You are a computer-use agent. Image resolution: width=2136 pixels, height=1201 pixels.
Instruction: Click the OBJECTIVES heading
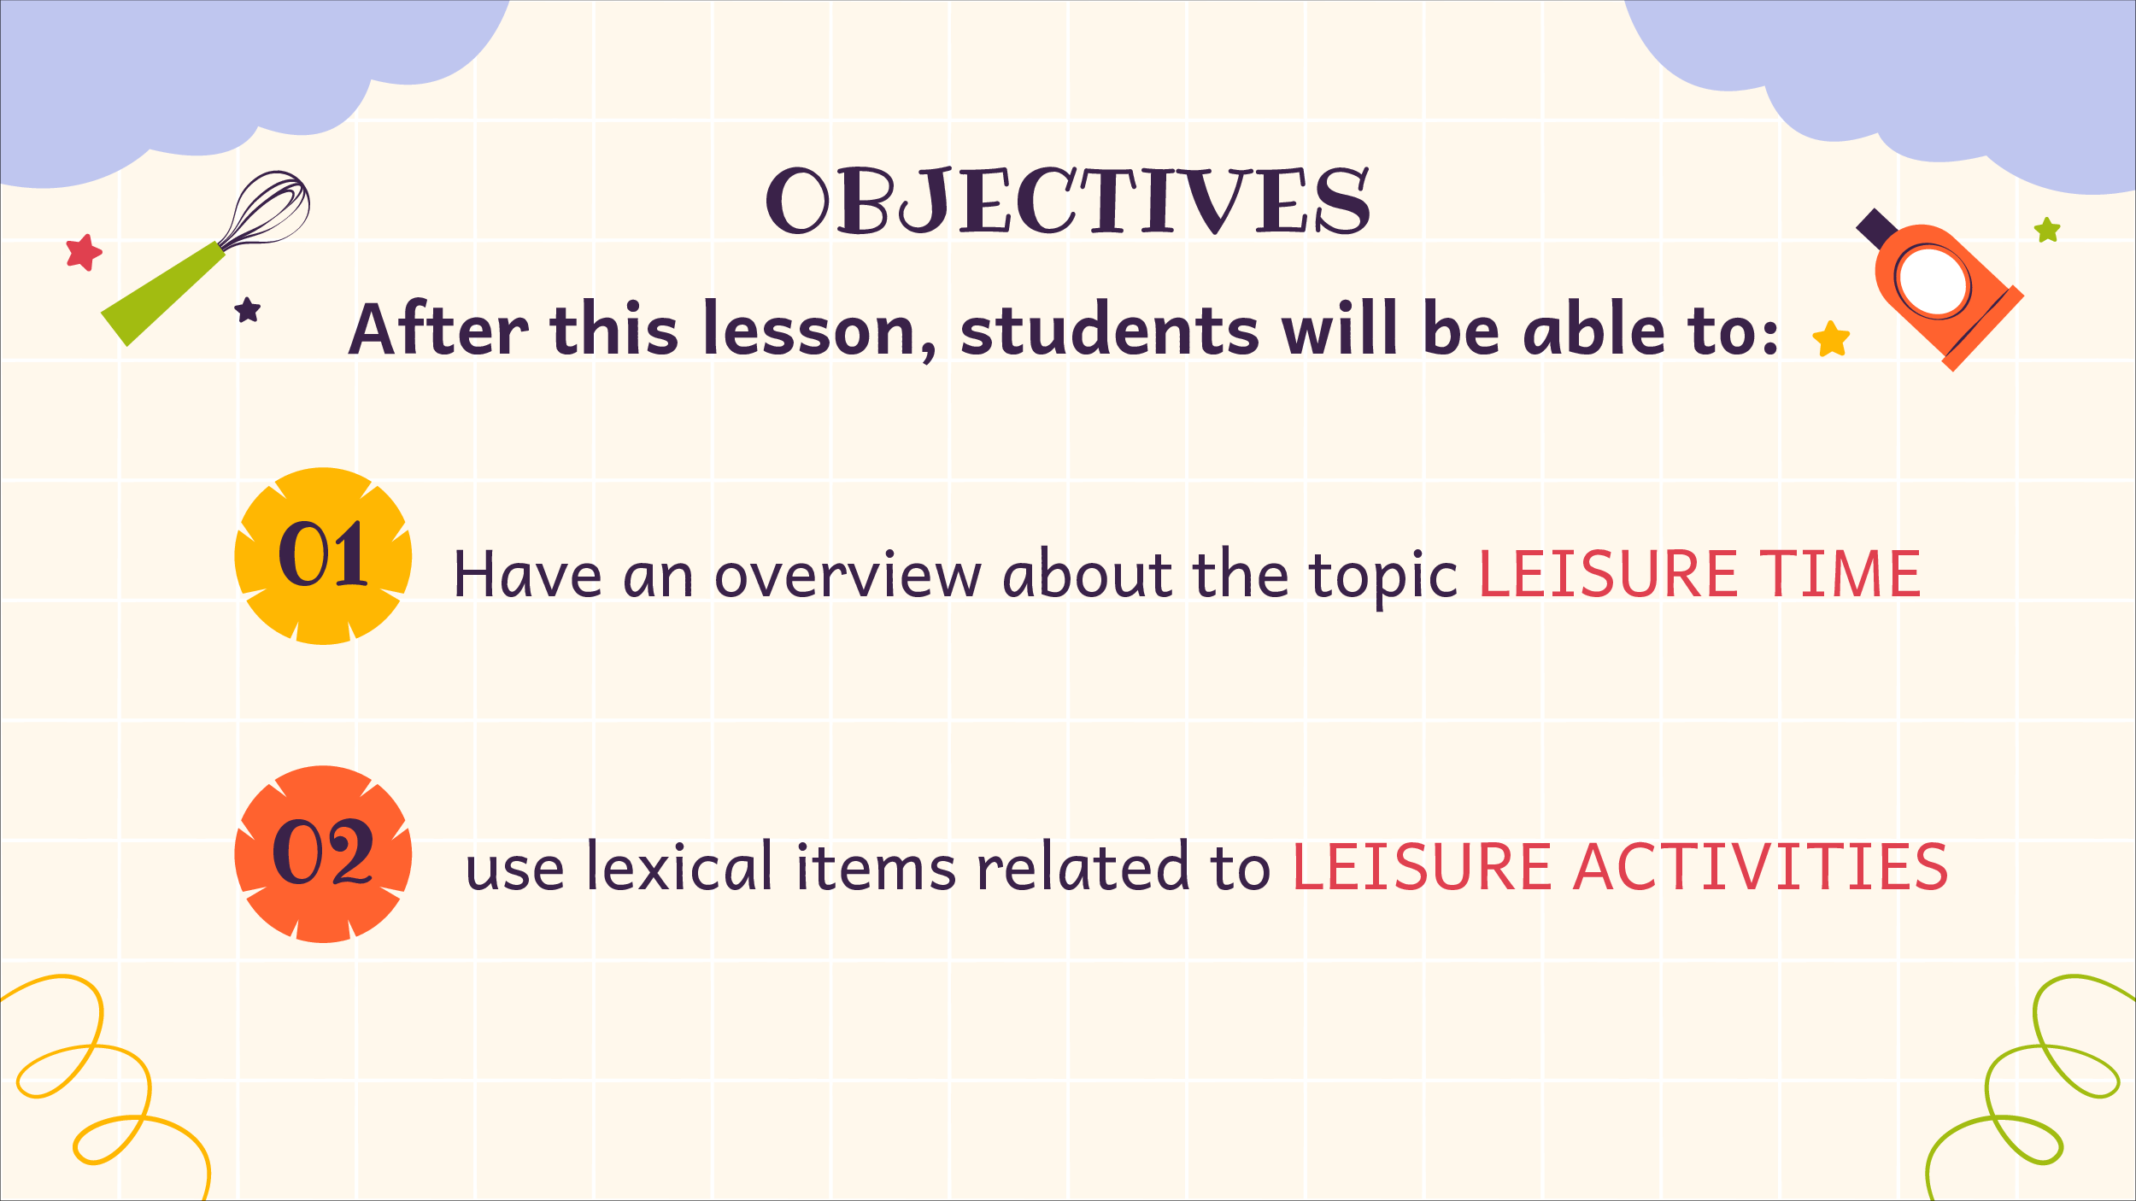point(1068,201)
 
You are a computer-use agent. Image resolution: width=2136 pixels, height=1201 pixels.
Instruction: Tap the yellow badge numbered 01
point(323,556)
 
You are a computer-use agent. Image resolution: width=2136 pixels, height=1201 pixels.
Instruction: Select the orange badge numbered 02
point(323,854)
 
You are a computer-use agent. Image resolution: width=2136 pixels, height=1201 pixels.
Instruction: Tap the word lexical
point(680,866)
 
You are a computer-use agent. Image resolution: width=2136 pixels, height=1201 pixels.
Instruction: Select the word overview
point(848,574)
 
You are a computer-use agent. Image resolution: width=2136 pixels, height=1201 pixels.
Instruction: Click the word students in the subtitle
point(1110,330)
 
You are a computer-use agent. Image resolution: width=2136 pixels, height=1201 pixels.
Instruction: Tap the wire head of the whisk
point(266,209)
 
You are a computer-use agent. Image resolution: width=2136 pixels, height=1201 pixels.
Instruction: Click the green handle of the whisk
point(162,293)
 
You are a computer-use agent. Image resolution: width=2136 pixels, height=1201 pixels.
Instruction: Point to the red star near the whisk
point(84,253)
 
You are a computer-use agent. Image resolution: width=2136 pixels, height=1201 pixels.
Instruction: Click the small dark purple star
point(248,310)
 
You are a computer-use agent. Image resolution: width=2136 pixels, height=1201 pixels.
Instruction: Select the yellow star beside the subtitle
point(1831,340)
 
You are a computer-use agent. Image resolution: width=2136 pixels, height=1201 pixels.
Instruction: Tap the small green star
point(2047,230)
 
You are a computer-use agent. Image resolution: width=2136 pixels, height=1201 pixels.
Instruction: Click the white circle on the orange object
point(1933,281)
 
